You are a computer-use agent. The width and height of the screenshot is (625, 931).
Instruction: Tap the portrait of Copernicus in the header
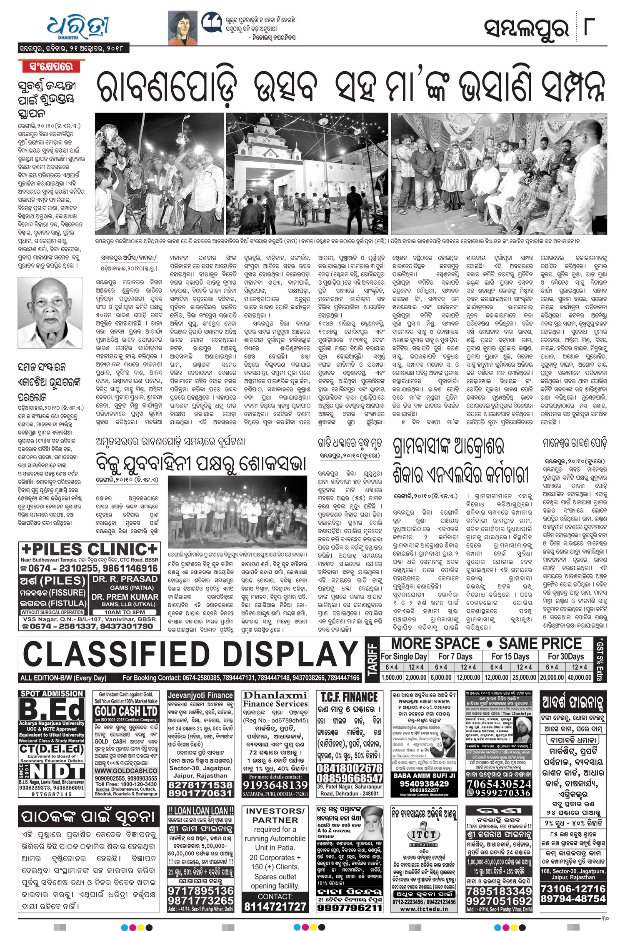[182, 28]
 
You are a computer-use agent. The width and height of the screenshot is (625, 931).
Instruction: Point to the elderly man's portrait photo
[50, 313]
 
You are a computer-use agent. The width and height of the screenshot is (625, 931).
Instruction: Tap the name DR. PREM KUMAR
[125, 597]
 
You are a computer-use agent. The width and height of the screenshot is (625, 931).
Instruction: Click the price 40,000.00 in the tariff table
[579, 678]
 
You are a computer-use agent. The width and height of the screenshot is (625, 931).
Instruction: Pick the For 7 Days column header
[455, 656]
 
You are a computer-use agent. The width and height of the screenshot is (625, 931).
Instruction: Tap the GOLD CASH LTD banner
[126, 711]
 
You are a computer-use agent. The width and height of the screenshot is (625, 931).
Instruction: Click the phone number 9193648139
[275, 785]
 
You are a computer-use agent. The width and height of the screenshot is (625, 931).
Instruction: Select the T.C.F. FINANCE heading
[349, 697]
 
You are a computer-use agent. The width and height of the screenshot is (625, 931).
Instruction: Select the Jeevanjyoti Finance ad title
[200, 696]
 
